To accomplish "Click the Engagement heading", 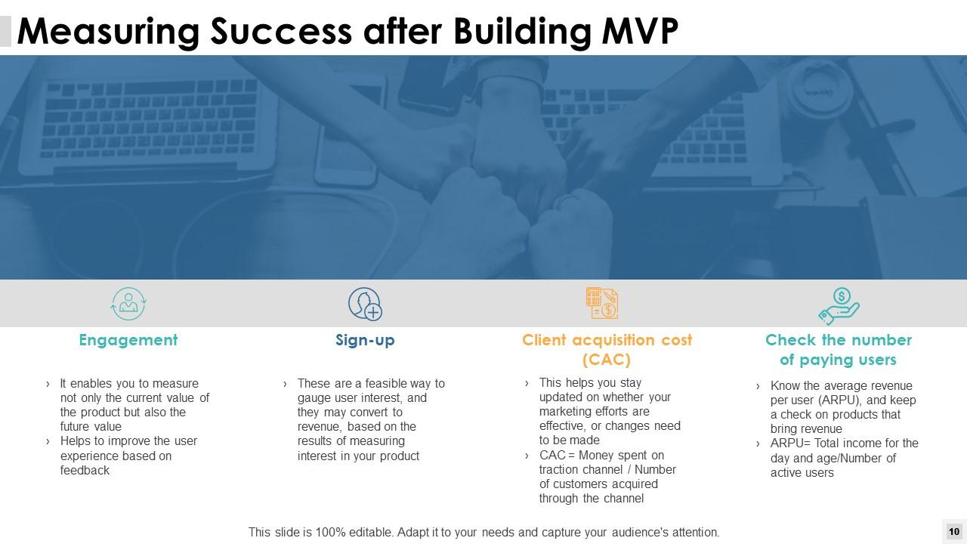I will pos(128,340).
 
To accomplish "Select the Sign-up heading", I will pos(365,340).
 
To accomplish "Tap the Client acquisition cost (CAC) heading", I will pos(607,349).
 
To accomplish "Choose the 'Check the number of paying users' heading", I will pos(838,350).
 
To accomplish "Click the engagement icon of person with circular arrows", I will pos(128,304).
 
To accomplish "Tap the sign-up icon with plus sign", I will pos(365,304).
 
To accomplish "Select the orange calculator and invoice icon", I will pos(602,304).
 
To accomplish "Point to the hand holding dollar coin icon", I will pos(839,305).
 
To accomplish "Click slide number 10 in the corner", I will pos(953,532).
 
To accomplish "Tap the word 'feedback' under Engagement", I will pos(85,470).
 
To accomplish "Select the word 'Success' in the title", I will pos(281,31).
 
